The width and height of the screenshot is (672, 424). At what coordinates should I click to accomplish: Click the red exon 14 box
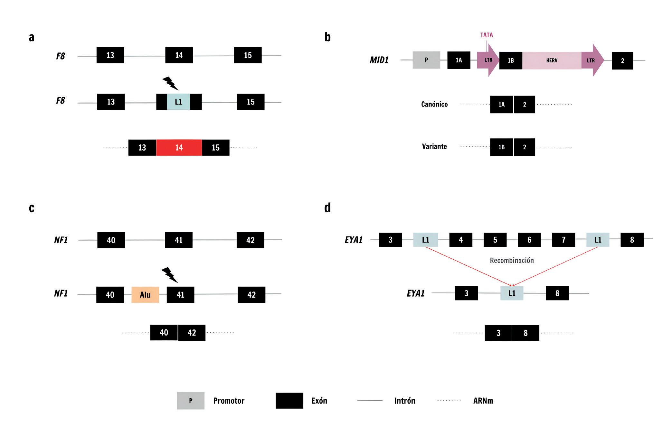click(179, 147)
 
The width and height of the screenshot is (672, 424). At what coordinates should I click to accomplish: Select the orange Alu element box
click(145, 295)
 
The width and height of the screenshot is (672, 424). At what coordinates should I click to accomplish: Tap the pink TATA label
click(487, 35)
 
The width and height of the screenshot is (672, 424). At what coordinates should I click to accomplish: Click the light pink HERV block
click(552, 60)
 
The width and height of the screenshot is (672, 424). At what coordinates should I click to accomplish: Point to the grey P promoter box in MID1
click(426, 60)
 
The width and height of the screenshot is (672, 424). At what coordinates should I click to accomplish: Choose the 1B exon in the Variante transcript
click(501, 147)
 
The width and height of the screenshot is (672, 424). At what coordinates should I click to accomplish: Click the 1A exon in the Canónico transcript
click(501, 105)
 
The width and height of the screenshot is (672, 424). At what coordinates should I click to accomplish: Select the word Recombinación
click(512, 260)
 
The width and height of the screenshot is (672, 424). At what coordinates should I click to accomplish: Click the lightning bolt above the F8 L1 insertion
click(170, 83)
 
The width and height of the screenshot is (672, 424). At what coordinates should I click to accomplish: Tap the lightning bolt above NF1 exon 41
click(169, 275)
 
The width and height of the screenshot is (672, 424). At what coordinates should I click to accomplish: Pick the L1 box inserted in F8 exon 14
click(178, 102)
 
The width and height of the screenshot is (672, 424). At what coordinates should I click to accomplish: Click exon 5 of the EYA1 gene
click(495, 240)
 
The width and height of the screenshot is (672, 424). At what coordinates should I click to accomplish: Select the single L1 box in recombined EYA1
click(512, 293)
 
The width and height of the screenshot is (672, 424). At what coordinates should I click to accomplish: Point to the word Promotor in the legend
click(229, 401)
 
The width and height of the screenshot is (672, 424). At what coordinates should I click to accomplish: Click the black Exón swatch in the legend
click(289, 401)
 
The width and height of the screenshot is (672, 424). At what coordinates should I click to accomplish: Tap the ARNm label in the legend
click(483, 401)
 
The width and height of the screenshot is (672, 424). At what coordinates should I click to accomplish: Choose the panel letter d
click(327, 208)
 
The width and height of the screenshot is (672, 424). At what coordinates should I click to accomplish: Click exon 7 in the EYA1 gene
click(563, 240)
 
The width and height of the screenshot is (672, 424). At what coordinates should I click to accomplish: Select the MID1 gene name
click(379, 60)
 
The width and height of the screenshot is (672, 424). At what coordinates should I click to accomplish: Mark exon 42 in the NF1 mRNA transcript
click(192, 333)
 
